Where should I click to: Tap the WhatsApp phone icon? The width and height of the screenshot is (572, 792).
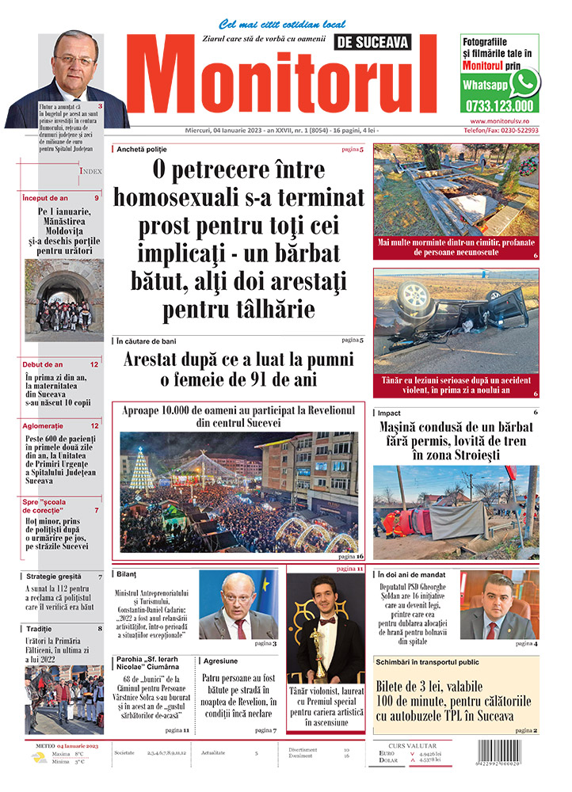tap(524, 82)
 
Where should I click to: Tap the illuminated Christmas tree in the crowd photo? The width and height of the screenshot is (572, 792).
tap(143, 471)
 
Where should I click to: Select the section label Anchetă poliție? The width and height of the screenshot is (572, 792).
tap(142, 149)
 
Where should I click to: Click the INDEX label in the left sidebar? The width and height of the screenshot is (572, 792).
tap(90, 170)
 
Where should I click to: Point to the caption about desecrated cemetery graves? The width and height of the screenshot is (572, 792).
tap(456, 247)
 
